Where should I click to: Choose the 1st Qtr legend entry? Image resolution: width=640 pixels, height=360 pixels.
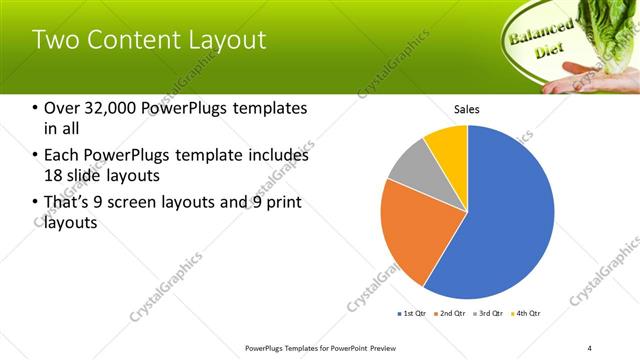pos(411,314)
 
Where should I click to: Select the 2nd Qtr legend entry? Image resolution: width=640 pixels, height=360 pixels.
pos(450,314)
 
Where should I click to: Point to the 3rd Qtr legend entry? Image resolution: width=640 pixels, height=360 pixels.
pos(488,314)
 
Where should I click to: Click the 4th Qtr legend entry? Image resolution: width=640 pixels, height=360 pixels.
pos(526,314)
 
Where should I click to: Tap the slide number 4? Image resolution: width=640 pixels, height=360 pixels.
pos(589,347)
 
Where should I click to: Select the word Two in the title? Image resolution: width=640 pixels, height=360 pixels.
pos(56,40)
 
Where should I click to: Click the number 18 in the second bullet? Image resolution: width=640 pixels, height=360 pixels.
pos(54,175)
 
